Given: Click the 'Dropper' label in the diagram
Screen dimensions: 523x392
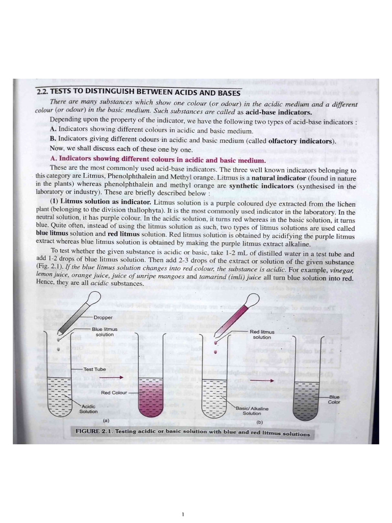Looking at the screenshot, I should (103, 317).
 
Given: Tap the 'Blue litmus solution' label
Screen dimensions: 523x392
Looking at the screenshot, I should (105, 332).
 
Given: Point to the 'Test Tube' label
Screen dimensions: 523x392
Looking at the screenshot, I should (95, 369).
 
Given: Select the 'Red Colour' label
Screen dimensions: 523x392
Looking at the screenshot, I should (113, 393).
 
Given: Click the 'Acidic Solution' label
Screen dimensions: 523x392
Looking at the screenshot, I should (88, 409).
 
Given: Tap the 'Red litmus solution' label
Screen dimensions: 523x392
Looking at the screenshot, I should (262, 335).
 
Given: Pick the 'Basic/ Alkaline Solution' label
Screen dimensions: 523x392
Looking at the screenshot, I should (252, 411).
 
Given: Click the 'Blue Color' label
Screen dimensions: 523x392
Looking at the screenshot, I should (334, 399).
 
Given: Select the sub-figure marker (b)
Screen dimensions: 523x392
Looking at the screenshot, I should (259, 422).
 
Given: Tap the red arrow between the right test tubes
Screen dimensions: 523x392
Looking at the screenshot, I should (261, 381).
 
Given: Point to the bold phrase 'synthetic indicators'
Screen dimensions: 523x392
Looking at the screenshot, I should (261, 186).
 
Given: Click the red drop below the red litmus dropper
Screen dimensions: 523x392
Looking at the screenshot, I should (215, 352).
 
